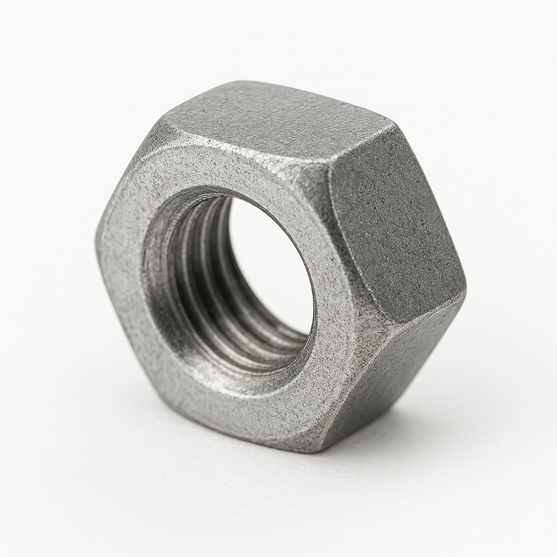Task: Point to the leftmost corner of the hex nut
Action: click(98, 239)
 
